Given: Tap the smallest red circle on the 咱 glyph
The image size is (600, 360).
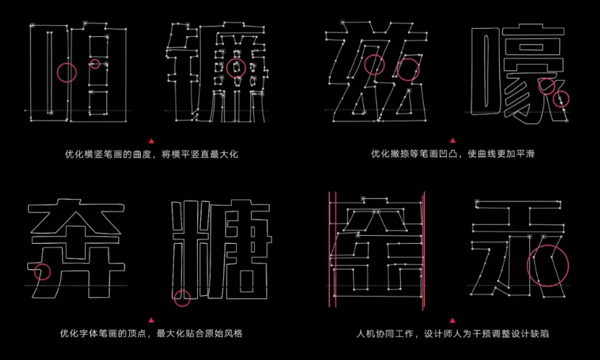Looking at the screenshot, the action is point(95,64).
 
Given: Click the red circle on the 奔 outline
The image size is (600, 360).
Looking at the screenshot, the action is point(43,272).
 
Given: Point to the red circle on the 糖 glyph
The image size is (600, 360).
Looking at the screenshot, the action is point(183,296).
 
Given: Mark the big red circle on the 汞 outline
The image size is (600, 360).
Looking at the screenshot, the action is point(548,265).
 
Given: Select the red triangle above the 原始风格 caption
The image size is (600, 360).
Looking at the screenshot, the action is point(150,320).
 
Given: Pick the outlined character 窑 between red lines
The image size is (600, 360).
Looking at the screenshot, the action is point(375,245).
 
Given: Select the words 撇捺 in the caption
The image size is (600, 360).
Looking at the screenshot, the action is point(399,154).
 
